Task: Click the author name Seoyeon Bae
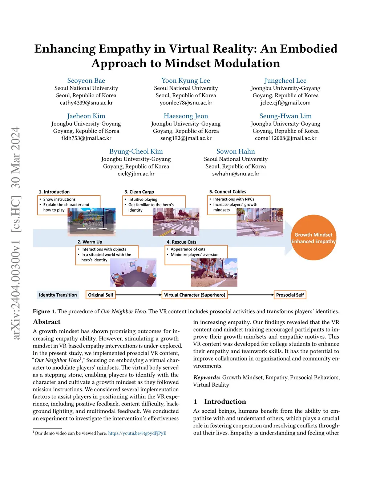pyautogui.click(x=86, y=81)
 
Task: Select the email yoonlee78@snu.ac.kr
pyautogui.click(x=186, y=103)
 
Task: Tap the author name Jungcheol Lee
pyautogui.click(x=285, y=81)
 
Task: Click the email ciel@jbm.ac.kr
pyautogui.click(x=136, y=174)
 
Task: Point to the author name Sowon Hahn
pyautogui.click(x=235, y=151)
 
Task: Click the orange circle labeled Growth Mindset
pyautogui.click(x=313, y=238)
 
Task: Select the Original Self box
pyautogui.click(x=101, y=295)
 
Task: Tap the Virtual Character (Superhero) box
pyautogui.click(x=195, y=295)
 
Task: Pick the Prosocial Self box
pyautogui.click(x=290, y=295)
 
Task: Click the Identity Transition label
pyautogui.click(x=58, y=295)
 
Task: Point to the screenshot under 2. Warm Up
pyautogui.click(x=133, y=273)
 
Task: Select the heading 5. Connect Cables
pyautogui.click(x=227, y=192)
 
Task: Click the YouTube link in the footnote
pyautogui.click(x=137, y=433)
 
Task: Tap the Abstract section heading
pyautogui.click(x=46, y=322)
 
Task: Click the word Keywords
pyautogui.click(x=207, y=378)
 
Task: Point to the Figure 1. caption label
pyautogui.click(x=44, y=311)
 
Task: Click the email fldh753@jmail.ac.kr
pyautogui.click(x=86, y=138)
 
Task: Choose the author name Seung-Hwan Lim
pyautogui.click(x=285, y=116)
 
